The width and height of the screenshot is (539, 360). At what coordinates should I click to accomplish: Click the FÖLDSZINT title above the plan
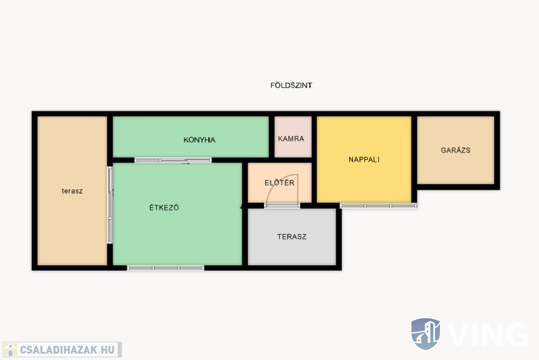coord(291,85)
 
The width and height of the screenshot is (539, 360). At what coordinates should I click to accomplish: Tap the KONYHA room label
coord(199,140)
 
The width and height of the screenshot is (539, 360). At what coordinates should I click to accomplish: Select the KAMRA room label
coord(291,138)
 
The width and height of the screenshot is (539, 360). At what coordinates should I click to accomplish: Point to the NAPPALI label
coord(364,159)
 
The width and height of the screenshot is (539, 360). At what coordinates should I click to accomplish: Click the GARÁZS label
coord(455,150)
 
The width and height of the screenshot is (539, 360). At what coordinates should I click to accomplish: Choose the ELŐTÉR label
coord(280,183)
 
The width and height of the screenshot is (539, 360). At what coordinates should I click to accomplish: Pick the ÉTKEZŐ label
coord(164,207)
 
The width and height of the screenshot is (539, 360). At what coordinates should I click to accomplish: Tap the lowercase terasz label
coord(72,191)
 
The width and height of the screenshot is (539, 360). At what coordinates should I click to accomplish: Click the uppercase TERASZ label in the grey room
coord(292,236)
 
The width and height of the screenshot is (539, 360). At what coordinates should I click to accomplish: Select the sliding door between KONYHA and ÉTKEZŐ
coord(173,160)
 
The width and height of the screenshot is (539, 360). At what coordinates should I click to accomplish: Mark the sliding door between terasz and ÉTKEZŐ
coord(110,205)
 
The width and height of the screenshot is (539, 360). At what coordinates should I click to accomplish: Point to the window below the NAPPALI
coord(378,206)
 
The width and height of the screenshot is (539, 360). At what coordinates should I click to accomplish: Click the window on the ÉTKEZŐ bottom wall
coord(166,268)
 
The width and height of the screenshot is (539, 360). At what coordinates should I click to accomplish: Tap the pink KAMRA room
coord(293,137)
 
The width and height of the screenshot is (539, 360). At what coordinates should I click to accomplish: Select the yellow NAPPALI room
coord(364,159)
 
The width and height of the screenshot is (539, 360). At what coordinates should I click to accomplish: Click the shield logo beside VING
coord(425,334)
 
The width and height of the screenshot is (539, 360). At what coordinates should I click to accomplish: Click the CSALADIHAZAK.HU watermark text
coord(67,350)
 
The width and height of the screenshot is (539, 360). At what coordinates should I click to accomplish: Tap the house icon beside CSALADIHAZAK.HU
coord(11,349)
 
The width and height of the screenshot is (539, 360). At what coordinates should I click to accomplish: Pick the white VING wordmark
coord(488,334)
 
